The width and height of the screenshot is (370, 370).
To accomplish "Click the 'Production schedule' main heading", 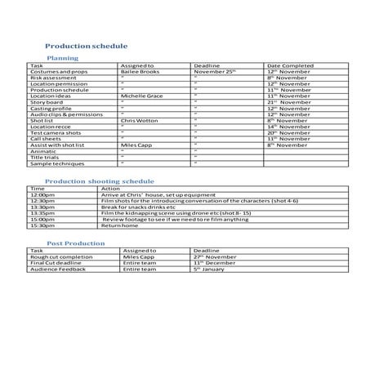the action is [86, 47].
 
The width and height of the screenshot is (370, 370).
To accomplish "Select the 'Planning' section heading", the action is [63, 59].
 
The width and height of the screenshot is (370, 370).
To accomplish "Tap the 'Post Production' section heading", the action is [75, 243].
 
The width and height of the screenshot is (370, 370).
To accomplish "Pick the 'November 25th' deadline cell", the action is [215, 71].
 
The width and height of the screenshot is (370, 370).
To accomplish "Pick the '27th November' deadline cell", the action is [215, 256].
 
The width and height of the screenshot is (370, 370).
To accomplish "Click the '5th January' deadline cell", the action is [209, 269].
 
